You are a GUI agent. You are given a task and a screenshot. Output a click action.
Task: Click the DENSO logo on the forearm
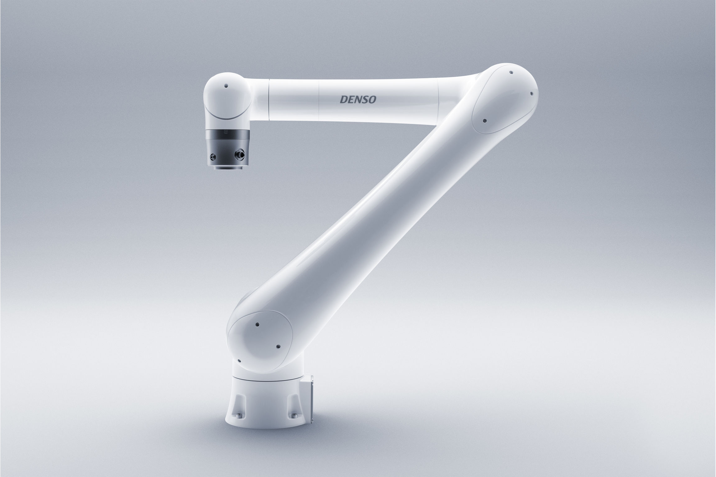click(x=358, y=99)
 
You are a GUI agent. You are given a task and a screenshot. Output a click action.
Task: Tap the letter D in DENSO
click(x=344, y=99)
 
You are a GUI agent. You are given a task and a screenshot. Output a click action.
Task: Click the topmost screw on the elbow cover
click(x=511, y=73)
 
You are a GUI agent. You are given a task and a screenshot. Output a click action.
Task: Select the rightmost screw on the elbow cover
click(x=531, y=93)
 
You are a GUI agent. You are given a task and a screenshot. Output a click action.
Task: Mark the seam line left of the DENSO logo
click(x=320, y=99)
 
